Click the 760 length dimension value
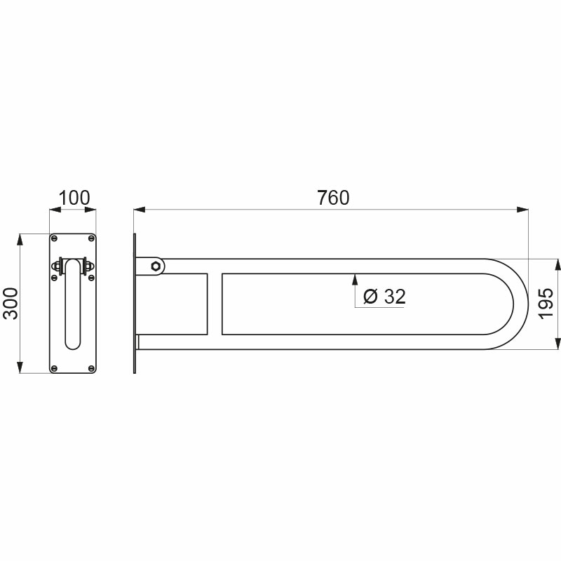(x=332, y=198)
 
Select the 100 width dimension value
(x=74, y=198)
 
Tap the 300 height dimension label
(x=10, y=303)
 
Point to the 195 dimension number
(x=548, y=303)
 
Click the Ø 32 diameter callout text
(x=385, y=297)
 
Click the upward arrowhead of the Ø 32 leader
(x=355, y=278)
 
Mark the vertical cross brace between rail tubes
(x=214, y=303)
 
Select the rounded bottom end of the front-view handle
(x=72, y=345)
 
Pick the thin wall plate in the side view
(x=135, y=303)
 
